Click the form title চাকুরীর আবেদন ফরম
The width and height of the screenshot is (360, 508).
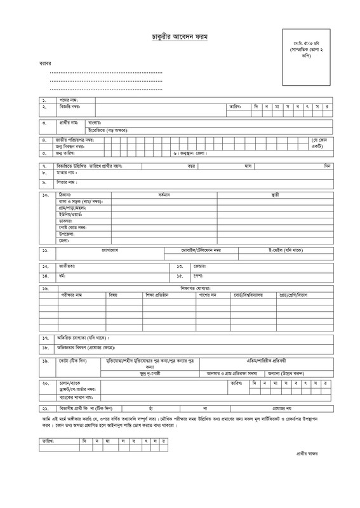click(180, 39)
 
